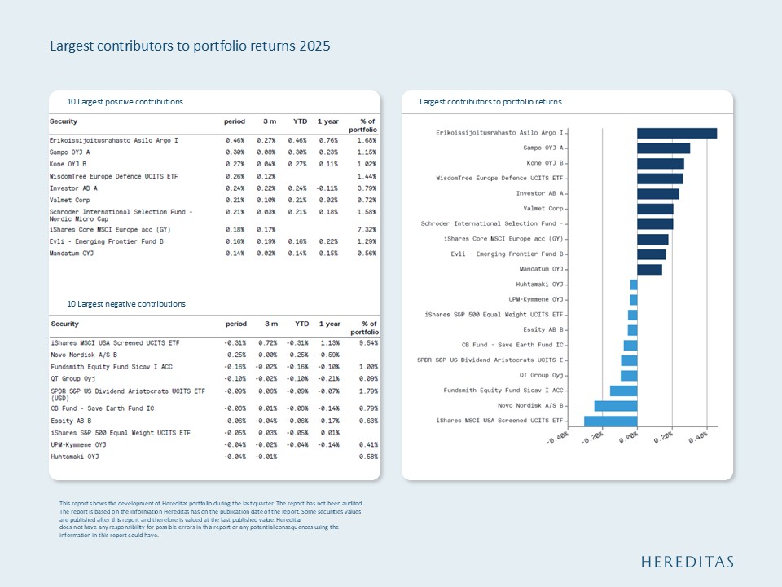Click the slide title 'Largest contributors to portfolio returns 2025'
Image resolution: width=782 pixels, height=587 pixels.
click(190, 46)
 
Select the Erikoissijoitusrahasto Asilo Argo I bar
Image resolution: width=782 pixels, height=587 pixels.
click(676, 133)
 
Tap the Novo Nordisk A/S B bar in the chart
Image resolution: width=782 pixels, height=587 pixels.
click(615, 405)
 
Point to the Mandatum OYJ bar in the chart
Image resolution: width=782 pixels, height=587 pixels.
click(649, 269)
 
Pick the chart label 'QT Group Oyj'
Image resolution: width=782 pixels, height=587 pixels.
click(542, 375)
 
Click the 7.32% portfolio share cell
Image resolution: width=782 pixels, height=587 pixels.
click(367, 230)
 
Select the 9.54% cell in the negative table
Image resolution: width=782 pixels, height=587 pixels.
click(367, 343)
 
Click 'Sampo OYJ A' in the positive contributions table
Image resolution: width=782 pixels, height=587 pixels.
click(70, 152)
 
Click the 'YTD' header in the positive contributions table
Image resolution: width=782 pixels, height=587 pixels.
click(300, 121)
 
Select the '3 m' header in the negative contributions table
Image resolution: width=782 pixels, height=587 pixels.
click(271, 324)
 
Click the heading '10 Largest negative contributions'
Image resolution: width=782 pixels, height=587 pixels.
click(126, 304)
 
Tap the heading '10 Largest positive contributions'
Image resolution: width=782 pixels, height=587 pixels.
click(125, 102)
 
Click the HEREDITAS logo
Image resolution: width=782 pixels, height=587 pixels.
click(687, 562)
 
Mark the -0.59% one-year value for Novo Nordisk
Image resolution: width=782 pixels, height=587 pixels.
click(329, 355)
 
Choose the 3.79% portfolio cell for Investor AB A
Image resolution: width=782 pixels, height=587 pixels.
click(367, 187)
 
